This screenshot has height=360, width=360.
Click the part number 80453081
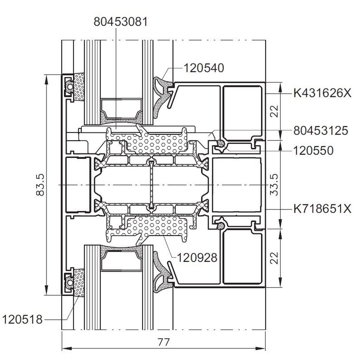(121, 22)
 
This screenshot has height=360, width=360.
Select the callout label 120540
(204, 68)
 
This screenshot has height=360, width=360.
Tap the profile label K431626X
(322, 93)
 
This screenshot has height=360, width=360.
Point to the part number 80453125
(321, 131)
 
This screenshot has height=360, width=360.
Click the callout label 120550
(313, 151)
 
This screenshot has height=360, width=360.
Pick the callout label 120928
(197, 258)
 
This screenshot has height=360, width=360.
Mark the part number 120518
(22, 319)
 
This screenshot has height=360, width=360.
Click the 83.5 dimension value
(40, 185)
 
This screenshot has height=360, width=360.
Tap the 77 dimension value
(164, 342)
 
